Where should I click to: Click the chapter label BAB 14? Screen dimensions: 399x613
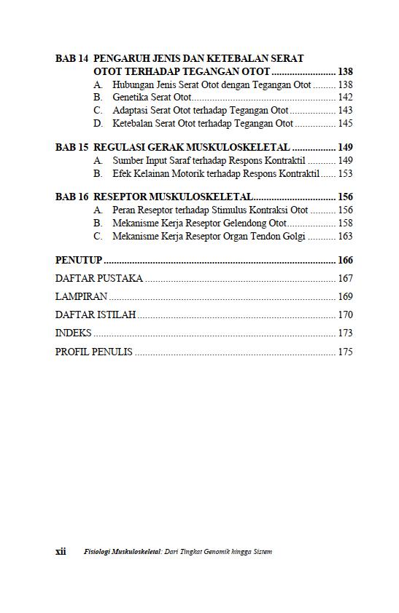coord(72,58)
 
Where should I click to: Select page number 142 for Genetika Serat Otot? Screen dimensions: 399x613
coord(346,98)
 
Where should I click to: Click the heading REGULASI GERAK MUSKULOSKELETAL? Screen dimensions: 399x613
coord(192,147)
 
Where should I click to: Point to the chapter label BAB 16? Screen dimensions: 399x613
coord(72,197)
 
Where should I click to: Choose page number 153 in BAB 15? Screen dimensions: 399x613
coord(346,174)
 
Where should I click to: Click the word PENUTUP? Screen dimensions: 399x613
coord(78,261)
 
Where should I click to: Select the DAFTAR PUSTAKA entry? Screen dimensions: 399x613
coord(99,279)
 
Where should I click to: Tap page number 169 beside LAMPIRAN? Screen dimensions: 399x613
coord(346,297)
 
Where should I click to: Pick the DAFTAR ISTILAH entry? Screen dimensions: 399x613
coord(96,315)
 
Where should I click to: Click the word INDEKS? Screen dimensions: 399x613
coord(74,333)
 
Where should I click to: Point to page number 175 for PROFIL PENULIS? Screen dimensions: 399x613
coord(346,352)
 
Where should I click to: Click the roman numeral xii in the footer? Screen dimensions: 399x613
coord(61,552)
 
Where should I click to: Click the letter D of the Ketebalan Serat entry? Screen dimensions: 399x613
coord(97,124)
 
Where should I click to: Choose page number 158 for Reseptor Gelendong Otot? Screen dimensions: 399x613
coord(346,224)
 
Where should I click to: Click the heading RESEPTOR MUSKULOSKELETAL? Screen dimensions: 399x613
coord(173,197)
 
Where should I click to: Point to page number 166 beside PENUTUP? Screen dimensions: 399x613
coord(346,261)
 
